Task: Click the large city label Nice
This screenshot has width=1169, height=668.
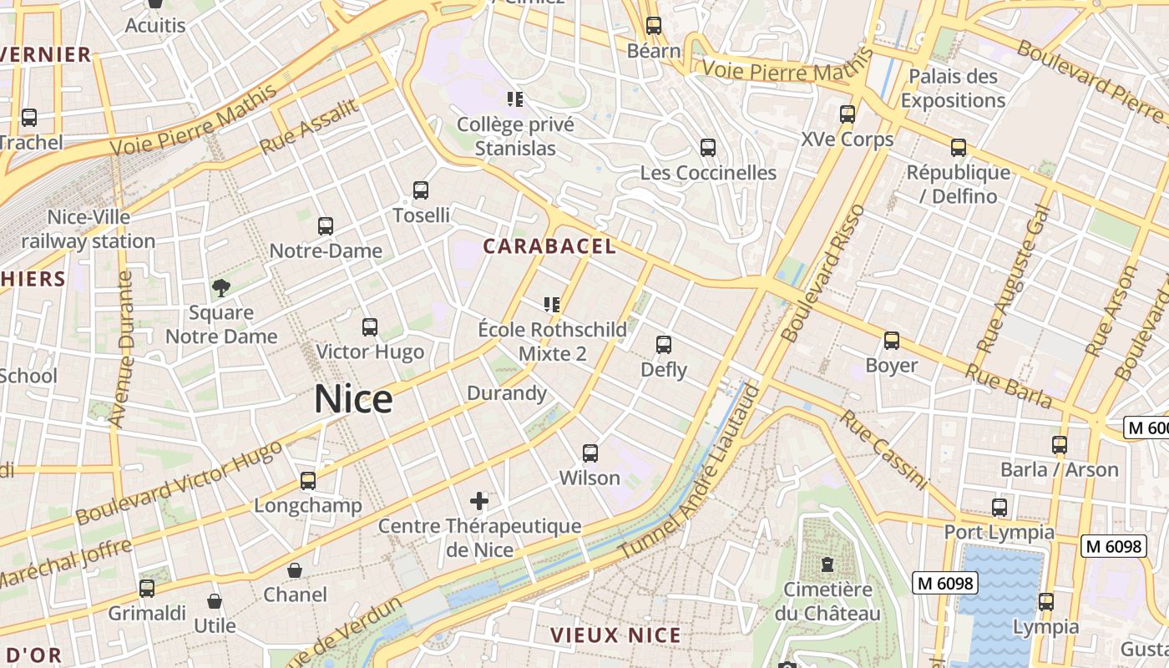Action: click(x=353, y=399)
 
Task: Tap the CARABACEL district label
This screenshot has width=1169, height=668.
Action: click(x=549, y=246)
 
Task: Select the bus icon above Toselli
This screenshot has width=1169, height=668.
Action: click(x=421, y=190)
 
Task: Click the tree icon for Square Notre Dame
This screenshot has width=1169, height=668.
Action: click(x=221, y=289)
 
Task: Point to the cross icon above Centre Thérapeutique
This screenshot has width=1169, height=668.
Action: click(x=479, y=501)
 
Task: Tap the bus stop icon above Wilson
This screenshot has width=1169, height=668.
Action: click(x=590, y=453)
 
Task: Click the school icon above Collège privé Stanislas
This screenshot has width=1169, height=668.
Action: click(x=515, y=100)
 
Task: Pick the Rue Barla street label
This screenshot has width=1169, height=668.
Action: click(x=1008, y=386)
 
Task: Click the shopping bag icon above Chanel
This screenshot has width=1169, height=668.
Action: click(x=295, y=571)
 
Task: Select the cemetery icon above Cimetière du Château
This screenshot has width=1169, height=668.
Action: click(x=827, y=565)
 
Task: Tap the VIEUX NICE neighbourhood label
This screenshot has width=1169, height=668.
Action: click(x=615, y=635)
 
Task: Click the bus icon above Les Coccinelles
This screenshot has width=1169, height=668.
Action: click(x=708, y=148)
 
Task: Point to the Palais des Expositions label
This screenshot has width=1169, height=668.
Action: click(x=953, y=89)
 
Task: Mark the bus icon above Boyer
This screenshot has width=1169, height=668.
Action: click(x=892, y=341)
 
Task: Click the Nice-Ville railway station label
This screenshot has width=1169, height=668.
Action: click(x=89, y=230)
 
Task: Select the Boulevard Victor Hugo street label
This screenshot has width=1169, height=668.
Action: click(x=179, y=483)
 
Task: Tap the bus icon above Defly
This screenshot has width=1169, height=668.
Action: click(x=664, y=345)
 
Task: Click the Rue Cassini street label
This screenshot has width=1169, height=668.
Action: click(x=883, y=450)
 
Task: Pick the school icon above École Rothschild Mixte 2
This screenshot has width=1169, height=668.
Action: click(x=552, y=305)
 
